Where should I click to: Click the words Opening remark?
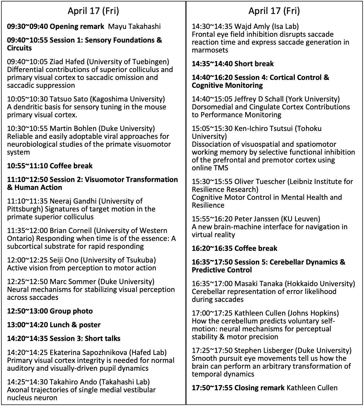point(77,27)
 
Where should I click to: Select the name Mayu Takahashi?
point(134,27)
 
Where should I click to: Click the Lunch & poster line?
point(75,325)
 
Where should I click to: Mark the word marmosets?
point(210,50)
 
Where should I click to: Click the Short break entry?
point(254,64)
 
